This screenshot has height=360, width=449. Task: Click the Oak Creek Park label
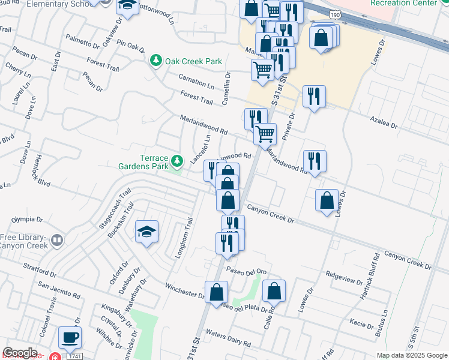(x=194, y=61)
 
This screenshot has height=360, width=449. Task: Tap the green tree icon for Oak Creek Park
(x=156, y=61)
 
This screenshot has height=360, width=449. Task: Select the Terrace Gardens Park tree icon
(x=177, y=161)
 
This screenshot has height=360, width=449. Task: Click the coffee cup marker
(x=70, y=337)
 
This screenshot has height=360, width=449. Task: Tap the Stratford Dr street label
(x=40, y=265)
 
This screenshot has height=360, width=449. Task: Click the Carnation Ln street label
(x=196, y=82)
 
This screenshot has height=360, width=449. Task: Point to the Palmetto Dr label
(x=82, y=41)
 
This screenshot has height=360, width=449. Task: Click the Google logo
(x=20, y=353)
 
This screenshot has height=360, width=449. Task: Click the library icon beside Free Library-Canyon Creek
(x=57, y=241)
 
